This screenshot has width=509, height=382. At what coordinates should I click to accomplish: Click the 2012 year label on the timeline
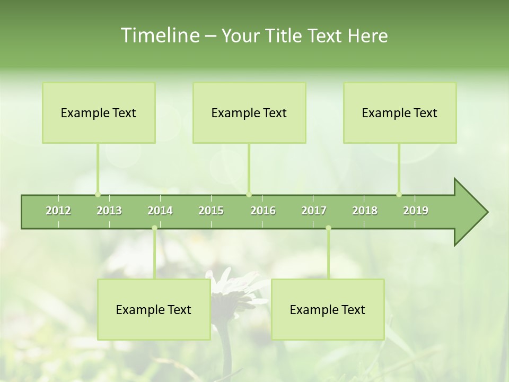[x=58, y=211]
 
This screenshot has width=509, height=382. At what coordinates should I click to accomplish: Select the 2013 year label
[x=109, y=211]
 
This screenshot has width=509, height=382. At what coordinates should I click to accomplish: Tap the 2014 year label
[x=160, y=211]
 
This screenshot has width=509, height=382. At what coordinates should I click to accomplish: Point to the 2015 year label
[x=211, y=211]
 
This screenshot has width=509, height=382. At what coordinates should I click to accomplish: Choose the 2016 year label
[x=263, y=211]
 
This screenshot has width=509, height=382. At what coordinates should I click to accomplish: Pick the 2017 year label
[x=314, y=211]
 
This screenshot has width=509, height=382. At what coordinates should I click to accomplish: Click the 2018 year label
[x=365, y=211]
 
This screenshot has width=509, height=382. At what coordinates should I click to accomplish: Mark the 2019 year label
[x=416, y=211]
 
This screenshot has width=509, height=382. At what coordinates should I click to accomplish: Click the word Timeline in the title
[x=159, y=36]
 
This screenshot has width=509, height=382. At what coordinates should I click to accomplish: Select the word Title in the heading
[x=286, y=36]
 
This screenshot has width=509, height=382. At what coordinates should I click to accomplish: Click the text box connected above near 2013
[x=99, y=112]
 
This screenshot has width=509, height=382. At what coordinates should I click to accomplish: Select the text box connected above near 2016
[x=249, y=112]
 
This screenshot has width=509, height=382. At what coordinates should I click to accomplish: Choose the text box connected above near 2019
[x=400, y=112]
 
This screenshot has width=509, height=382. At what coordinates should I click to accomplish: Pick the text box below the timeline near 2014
[x=154, y=309]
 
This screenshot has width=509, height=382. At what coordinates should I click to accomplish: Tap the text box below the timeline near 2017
[x=328, y=309]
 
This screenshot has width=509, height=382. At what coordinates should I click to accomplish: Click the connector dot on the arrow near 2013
[x=98, y=194]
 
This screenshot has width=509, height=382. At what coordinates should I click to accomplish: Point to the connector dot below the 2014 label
[x=154, y=228]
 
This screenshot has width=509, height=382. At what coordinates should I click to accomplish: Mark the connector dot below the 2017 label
[x=328, y=228]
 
